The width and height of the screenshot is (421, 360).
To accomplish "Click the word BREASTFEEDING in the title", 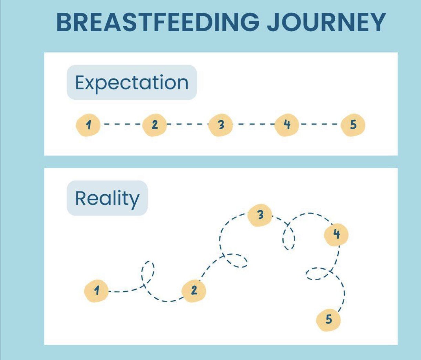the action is click(x=158, y=22).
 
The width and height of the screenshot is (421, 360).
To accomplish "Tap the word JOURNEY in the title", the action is click(x=326, y=22).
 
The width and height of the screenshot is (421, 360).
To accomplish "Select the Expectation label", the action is click(x=132, y=83).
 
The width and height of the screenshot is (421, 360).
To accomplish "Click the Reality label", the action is click(x=107, y=198).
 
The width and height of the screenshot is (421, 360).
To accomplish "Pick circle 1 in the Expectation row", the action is click(x=88, y=125).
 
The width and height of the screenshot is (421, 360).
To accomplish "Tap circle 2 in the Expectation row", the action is click(x=154, y=125).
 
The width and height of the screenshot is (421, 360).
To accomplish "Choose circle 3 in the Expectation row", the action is click(x=221, y=125).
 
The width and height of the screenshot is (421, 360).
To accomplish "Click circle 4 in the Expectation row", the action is click(x=287, y=125).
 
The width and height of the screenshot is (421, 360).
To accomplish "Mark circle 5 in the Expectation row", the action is click(x=353, y=125).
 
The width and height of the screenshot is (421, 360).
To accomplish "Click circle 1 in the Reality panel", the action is click(x=96, y=291).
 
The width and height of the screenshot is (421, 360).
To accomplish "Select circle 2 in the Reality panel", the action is click(x=194, y=291).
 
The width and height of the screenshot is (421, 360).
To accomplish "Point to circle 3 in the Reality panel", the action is click(x=260, y=215).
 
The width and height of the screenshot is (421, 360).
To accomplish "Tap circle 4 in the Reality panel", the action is click(x=336, y=234).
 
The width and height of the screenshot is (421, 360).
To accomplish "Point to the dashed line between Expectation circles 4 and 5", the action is click(x=320, y=124).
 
